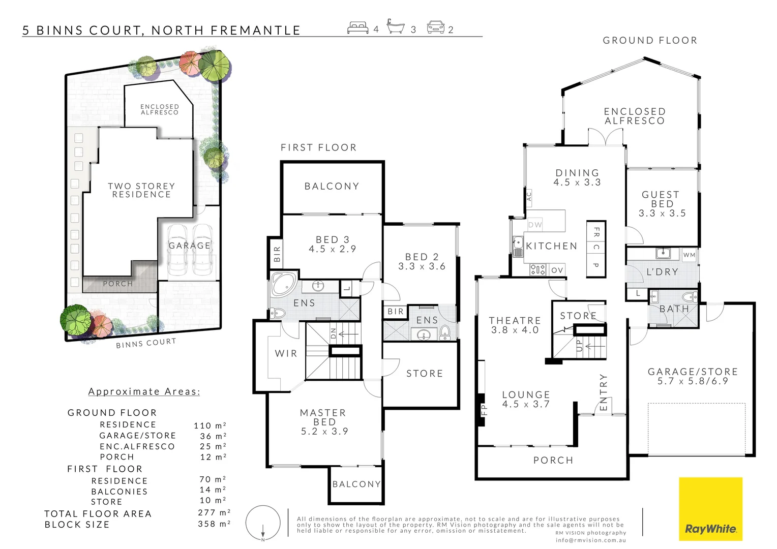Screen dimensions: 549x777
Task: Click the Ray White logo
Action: (x=710, y=509)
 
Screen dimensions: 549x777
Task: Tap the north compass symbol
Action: (x=263, y=523)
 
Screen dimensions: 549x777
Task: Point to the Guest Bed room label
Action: (x=662, y=204)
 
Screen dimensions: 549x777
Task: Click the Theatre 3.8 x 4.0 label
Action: (x=515, y=325)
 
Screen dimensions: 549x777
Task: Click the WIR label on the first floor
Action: (x=286, y=353)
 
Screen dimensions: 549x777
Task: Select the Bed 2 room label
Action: (x=422, y=261)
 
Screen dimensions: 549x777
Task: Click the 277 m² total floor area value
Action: (x=214, y=512)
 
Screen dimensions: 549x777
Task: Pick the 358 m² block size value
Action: (x=214, y=524)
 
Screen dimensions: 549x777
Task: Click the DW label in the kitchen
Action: (x=535, y=224)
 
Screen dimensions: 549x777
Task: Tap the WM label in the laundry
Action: (x=689, y=255)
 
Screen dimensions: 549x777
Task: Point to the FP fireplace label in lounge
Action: (x=484, y=409)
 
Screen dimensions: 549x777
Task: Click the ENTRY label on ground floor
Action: (x=604, y=392)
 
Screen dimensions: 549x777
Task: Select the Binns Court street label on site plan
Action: (x=145, y=343)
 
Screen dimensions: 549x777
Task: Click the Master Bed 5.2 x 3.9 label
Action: (x=324, y=422)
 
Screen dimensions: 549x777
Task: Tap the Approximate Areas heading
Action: (x=144, y=391)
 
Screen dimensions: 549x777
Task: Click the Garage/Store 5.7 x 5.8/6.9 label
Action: (x=693, y=376)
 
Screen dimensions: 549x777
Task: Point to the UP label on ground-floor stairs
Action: (x=579, y=346)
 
